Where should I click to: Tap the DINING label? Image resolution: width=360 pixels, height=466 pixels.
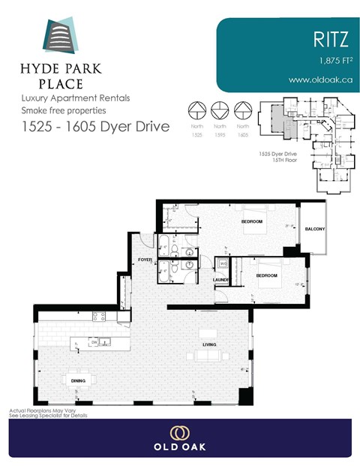tap(78, 380)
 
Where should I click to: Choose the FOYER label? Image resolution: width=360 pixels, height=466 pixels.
tap(145, 260)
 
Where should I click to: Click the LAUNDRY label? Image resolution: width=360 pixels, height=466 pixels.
tap(221, 280)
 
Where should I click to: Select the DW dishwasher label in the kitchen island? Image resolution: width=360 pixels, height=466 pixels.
tap(94, 342)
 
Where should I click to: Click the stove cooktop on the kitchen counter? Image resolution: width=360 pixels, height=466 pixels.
tap(97, 316)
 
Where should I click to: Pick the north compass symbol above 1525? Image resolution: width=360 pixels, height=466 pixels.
tap(197, 110)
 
